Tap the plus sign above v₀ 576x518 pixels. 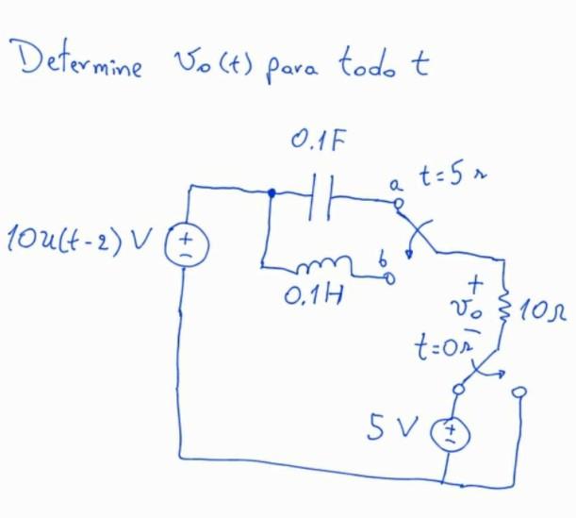(477, 280)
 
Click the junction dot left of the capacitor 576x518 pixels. (272, 193)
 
